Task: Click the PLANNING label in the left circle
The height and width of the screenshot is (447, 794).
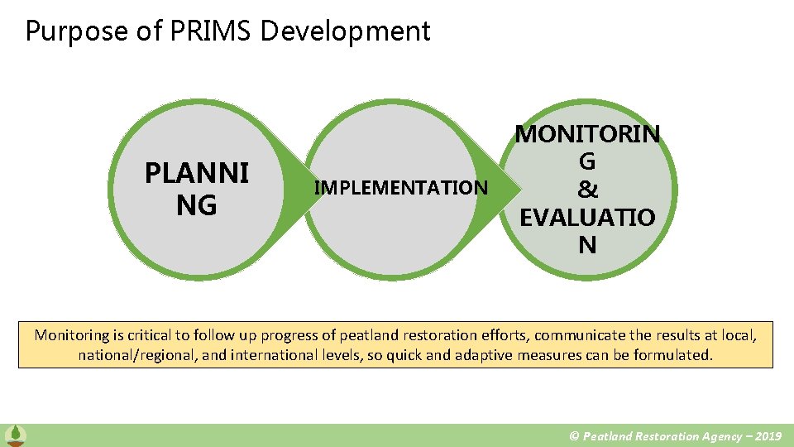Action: tap(197, 189)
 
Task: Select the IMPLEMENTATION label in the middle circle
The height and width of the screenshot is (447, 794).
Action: tap(401, 188)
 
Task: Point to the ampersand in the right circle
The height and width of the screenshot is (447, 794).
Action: tap(587, 190)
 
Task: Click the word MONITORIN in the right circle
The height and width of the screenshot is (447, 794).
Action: tap(587, 134)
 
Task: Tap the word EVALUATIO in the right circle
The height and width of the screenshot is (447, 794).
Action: tap(587, 218)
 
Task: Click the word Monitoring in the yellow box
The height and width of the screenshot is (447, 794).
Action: tap(71, 335)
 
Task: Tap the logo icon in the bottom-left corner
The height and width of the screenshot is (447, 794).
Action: tap(14, 435)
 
